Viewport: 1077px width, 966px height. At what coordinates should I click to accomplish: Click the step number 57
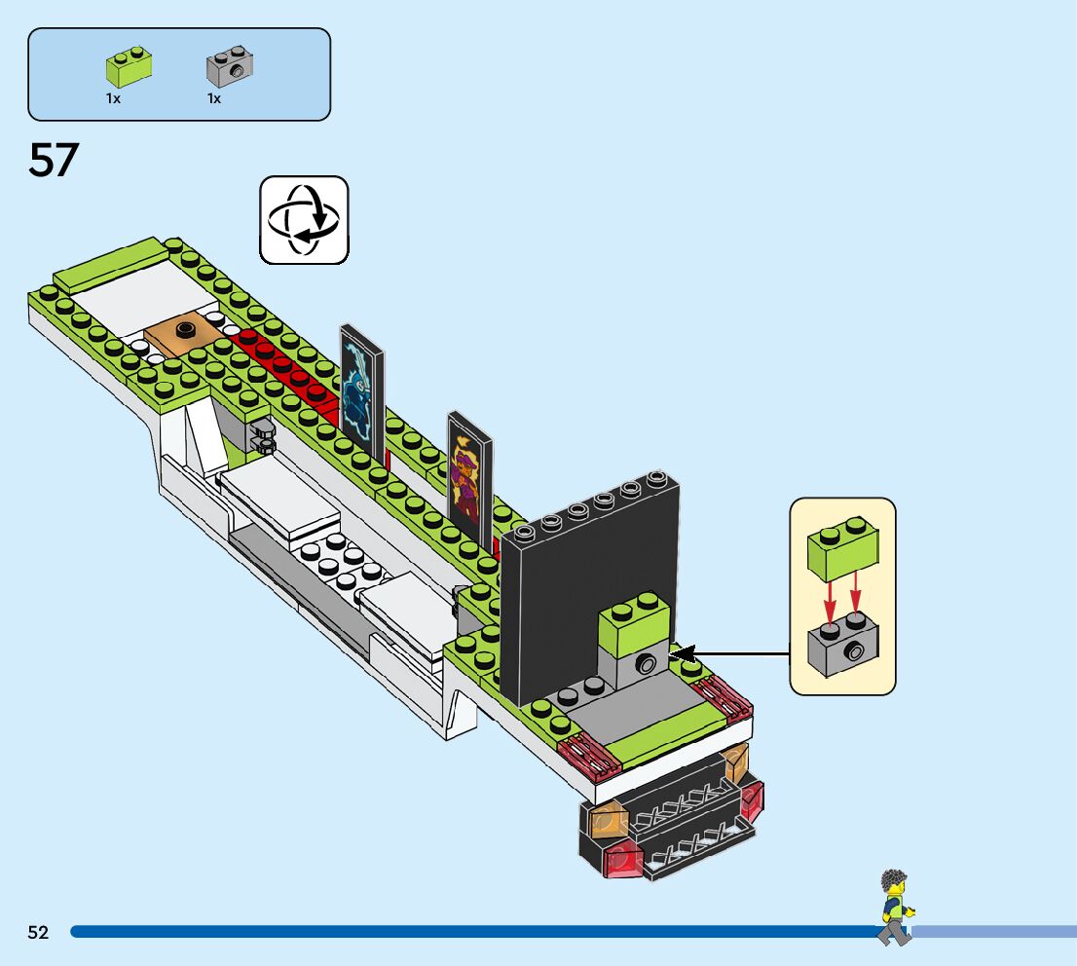pyautogui.click(x=53, y=160)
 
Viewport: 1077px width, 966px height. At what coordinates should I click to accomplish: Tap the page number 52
pyautogui.click(x=38, y=932)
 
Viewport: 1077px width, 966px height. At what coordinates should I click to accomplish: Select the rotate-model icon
pyautogui.click(x=304, y=219)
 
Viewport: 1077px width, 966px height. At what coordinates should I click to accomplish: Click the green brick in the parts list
pyautogui.click(x=129, y=67)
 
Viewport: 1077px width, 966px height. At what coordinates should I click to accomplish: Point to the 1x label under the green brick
pyautogui.click(x=113, y=98)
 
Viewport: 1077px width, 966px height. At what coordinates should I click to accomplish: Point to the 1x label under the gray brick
pyautogui.click(x=214, y=98)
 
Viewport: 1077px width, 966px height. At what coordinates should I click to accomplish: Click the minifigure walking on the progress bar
pyautogui.click(x=894, y=907)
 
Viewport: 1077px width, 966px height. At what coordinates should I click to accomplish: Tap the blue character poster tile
pyautogui.click(x=361, y=389)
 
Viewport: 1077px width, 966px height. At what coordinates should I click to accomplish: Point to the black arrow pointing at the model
pyautogui.click(x=730, y=652)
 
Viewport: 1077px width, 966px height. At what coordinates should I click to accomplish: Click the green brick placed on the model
pyautogui.click(x=634, y=623)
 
